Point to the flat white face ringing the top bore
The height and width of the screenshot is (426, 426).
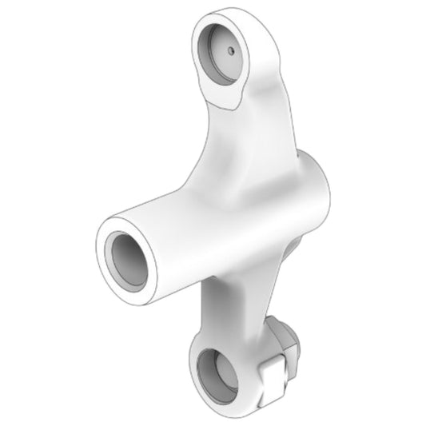point(254,80)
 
